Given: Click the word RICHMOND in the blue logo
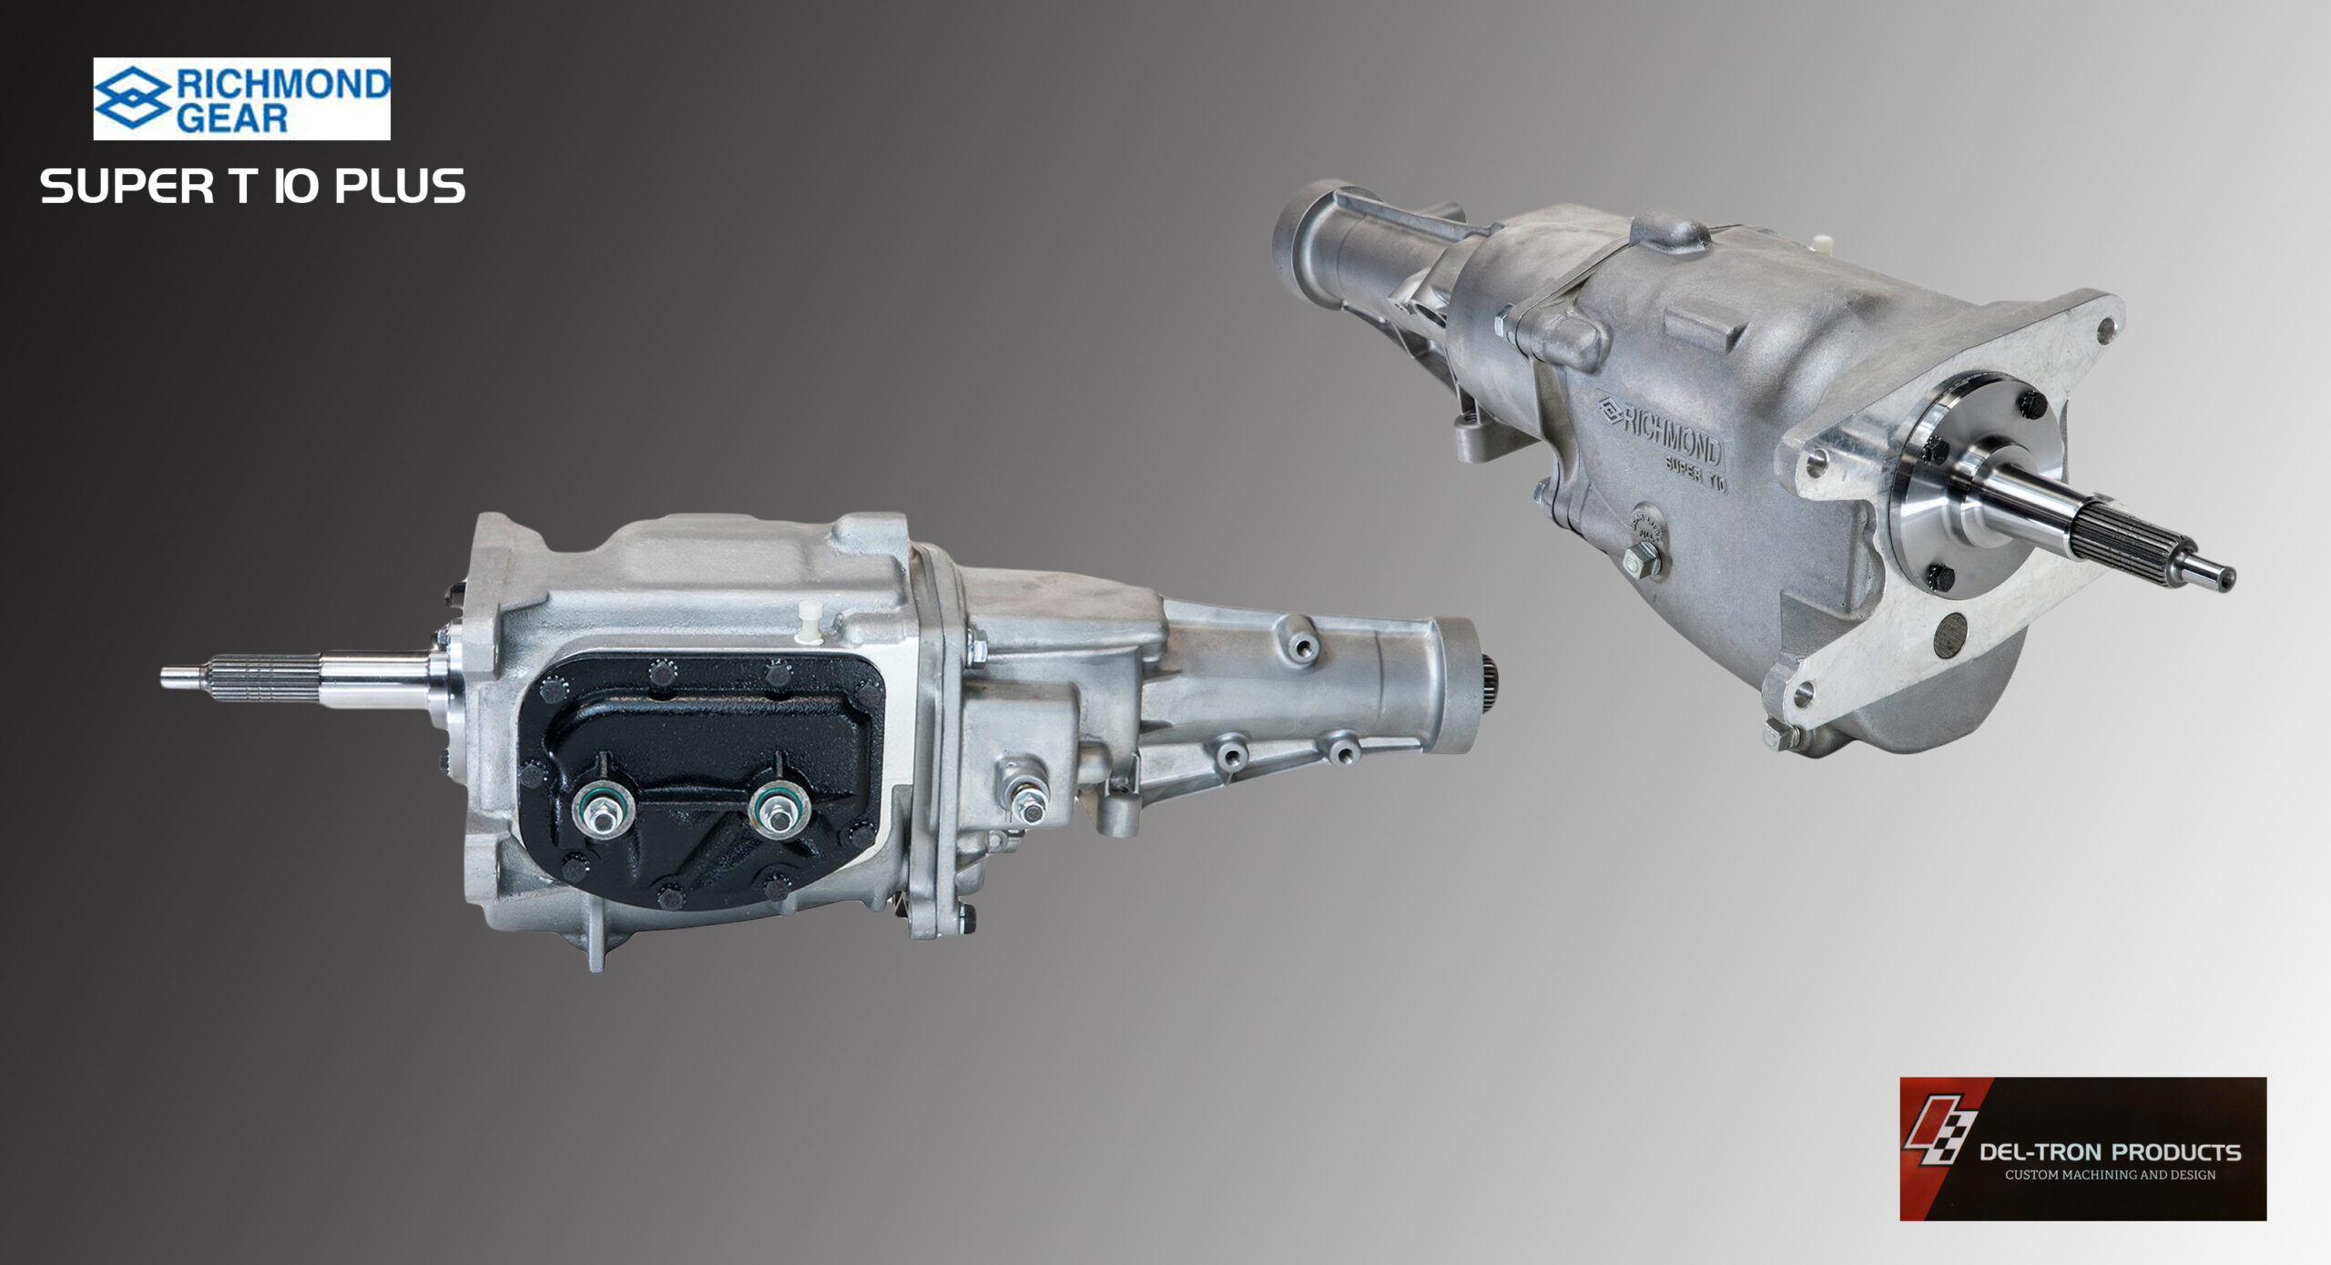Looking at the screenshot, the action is point(282,85).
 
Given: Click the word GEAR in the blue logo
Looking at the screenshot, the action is point(232,118).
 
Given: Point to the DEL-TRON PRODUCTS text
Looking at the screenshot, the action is point(2110,1153).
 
